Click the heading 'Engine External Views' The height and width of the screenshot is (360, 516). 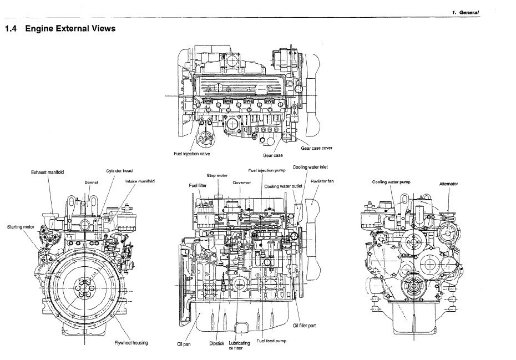[70, 28]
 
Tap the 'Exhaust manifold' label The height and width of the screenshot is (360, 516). [47, 173]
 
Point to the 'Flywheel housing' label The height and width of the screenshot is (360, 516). [131, 343]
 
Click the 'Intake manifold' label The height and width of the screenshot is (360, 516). [140, 181]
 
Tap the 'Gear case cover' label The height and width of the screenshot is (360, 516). [317, 148]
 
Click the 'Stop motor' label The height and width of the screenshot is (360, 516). [217, 175]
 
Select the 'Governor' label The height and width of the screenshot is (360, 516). [242, 182]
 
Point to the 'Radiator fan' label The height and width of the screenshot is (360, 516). [322, 181]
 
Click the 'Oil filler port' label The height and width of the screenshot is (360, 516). [304, 326]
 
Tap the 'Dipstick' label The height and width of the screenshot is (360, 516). [216, 343]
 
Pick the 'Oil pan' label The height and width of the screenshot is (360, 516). [183, 343]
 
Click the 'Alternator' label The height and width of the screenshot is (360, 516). [448, 183]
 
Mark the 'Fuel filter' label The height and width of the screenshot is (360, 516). [198, 185]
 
